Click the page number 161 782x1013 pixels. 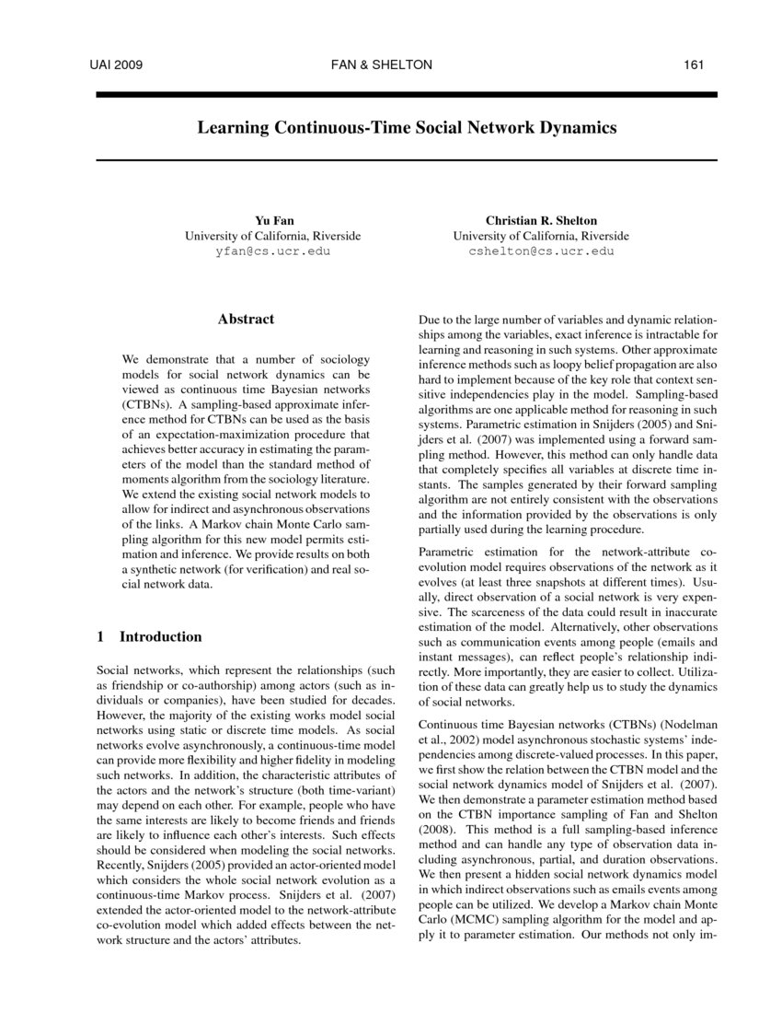694,64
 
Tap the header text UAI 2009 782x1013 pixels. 115,64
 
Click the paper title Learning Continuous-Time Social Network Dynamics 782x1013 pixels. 406,127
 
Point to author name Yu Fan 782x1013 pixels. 272,220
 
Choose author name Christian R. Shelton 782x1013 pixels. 541,220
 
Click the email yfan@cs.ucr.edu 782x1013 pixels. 272,250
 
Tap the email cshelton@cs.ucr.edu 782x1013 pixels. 541,250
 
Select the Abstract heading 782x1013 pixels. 246,320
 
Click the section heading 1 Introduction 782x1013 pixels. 149,636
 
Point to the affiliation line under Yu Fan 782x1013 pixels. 272,236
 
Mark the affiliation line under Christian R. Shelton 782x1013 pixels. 541,236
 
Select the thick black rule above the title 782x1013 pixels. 406,94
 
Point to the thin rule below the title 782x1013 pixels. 406,160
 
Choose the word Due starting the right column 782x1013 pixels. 430,321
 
